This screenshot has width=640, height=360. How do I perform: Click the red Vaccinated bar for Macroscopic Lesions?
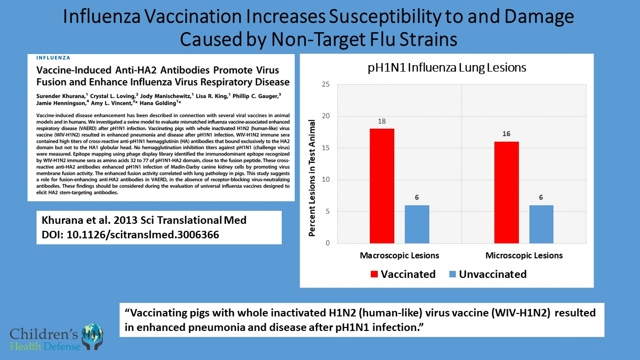click(382, 186)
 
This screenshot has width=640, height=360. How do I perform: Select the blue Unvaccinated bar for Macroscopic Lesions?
click(417, 224)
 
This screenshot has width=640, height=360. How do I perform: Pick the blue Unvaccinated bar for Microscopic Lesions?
click(541, 224)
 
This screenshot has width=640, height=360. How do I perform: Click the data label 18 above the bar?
click(382, 122)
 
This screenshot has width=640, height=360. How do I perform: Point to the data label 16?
click(506, 134)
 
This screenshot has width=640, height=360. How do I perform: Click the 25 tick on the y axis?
click(325, 85)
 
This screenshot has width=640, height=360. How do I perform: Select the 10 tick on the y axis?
click(325, 180)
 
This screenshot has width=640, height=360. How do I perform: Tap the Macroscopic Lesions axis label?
click(399, 255)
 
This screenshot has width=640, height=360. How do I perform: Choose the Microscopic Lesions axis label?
click(524, 255)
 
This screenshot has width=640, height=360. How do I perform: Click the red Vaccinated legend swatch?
click(374, 274)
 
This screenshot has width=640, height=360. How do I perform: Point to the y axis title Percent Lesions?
click(312, 178)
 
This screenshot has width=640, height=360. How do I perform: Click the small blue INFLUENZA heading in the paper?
click(54, 58)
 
